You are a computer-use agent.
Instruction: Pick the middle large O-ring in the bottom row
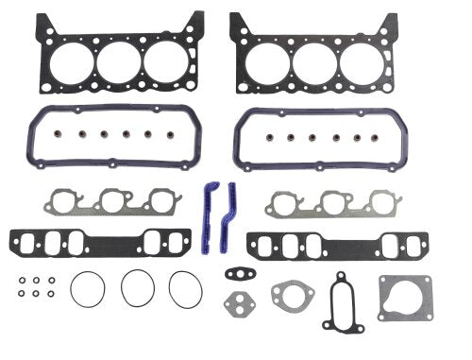(138, 288)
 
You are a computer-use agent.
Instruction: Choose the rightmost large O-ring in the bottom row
(186, 288)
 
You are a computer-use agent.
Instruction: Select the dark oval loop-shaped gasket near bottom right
(341, 301)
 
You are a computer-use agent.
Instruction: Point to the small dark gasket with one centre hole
(236, 276)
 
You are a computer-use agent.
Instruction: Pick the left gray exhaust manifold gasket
(110, 201)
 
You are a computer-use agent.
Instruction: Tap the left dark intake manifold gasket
(110, 242)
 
